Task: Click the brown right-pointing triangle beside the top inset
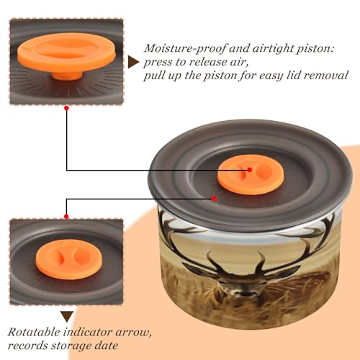133,62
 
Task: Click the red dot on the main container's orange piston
250,170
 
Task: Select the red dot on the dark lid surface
214,199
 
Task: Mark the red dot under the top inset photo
67,108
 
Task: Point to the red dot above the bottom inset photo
66,217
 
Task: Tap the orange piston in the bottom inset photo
69,259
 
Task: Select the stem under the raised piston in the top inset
67,75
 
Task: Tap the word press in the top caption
158,63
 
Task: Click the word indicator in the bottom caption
88,332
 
